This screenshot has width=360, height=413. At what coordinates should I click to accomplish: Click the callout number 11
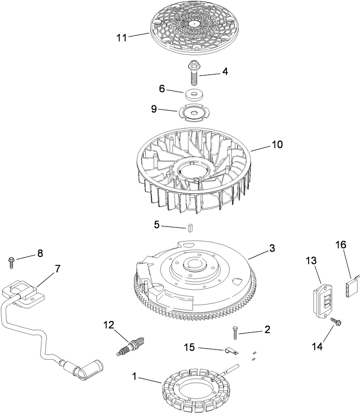tap(121, 38)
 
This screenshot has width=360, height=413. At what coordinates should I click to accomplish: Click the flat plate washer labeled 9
tap(193, 113)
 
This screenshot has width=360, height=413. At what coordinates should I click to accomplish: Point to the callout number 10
tap(277, 145)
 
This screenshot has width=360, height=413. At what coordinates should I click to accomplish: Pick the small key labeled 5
tap(191, 228)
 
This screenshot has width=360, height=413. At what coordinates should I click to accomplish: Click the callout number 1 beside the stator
tap(135, 376)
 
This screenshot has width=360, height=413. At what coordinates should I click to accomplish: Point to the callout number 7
tap(57, 269)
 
